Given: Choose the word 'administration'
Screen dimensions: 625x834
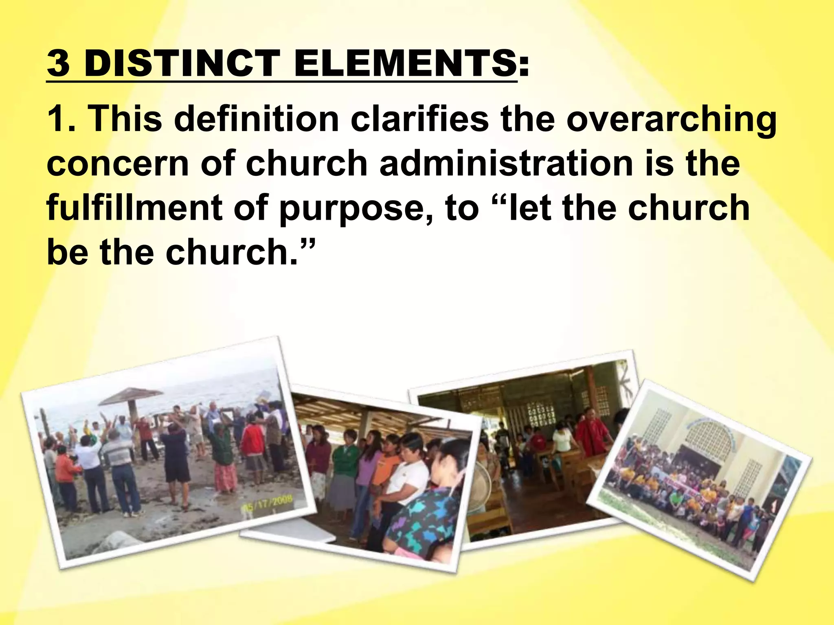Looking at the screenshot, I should click(x=506, y=164).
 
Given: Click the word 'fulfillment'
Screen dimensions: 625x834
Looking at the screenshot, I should click(x=135, y=208).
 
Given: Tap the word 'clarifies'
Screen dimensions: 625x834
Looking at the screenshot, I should click(x=419, y=119).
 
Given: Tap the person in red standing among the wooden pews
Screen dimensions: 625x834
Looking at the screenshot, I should click(x=593, y=435).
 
